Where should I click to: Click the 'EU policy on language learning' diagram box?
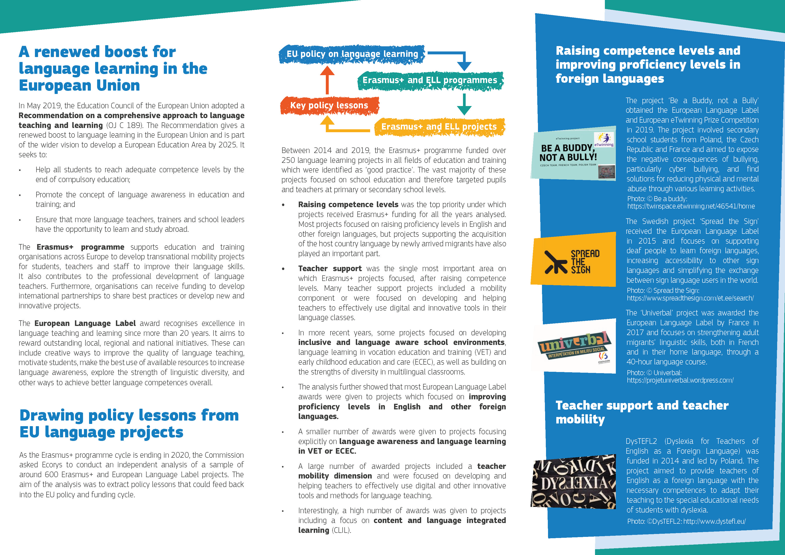352,54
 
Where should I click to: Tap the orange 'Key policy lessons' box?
329,105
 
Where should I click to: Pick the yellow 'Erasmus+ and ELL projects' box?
439,127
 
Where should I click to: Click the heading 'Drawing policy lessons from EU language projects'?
129,423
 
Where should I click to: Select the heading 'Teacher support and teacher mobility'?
642,412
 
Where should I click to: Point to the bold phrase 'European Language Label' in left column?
85,323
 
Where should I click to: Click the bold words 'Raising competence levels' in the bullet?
348,205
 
